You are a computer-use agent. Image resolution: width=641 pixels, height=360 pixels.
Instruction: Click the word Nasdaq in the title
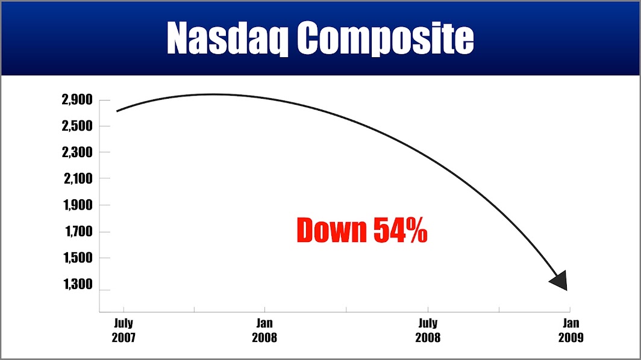point(228,39)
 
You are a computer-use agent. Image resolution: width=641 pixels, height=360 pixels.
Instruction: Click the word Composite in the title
point(385,39)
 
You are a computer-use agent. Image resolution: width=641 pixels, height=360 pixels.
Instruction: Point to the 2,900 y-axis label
point(77,99)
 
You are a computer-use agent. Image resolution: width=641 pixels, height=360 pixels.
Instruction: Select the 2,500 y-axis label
point(77,126)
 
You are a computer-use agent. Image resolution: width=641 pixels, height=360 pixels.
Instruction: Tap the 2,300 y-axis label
point(77,152)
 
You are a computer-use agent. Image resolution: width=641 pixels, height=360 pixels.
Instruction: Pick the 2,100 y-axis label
point(78,179)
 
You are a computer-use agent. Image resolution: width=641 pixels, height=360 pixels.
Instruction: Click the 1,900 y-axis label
point(78,205)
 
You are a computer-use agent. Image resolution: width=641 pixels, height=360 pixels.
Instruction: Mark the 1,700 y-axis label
point(79,232)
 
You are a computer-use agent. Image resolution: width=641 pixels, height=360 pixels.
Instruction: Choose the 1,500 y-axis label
point(78,258)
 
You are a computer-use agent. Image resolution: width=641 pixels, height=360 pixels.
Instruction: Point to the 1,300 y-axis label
point(78,284)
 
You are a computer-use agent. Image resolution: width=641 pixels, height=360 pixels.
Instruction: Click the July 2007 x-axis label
point(124,330)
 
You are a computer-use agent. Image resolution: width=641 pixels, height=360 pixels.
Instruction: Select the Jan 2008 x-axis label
point(264,330)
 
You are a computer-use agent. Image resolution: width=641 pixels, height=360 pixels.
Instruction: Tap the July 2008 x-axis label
point(428,330)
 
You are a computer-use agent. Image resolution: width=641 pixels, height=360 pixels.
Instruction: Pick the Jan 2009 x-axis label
point(571,330)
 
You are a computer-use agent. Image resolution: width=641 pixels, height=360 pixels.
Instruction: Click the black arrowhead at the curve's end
point(560,281)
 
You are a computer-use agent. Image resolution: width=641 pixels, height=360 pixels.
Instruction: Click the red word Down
point(331,231)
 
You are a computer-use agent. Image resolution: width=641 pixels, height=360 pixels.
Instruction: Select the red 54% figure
point(400,231)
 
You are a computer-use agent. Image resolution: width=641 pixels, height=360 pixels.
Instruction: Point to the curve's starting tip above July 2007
point(117,111)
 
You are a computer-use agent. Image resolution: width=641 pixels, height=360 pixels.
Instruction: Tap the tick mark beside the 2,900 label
point(105,100)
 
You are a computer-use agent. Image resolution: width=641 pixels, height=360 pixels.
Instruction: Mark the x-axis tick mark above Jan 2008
point(264,309)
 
